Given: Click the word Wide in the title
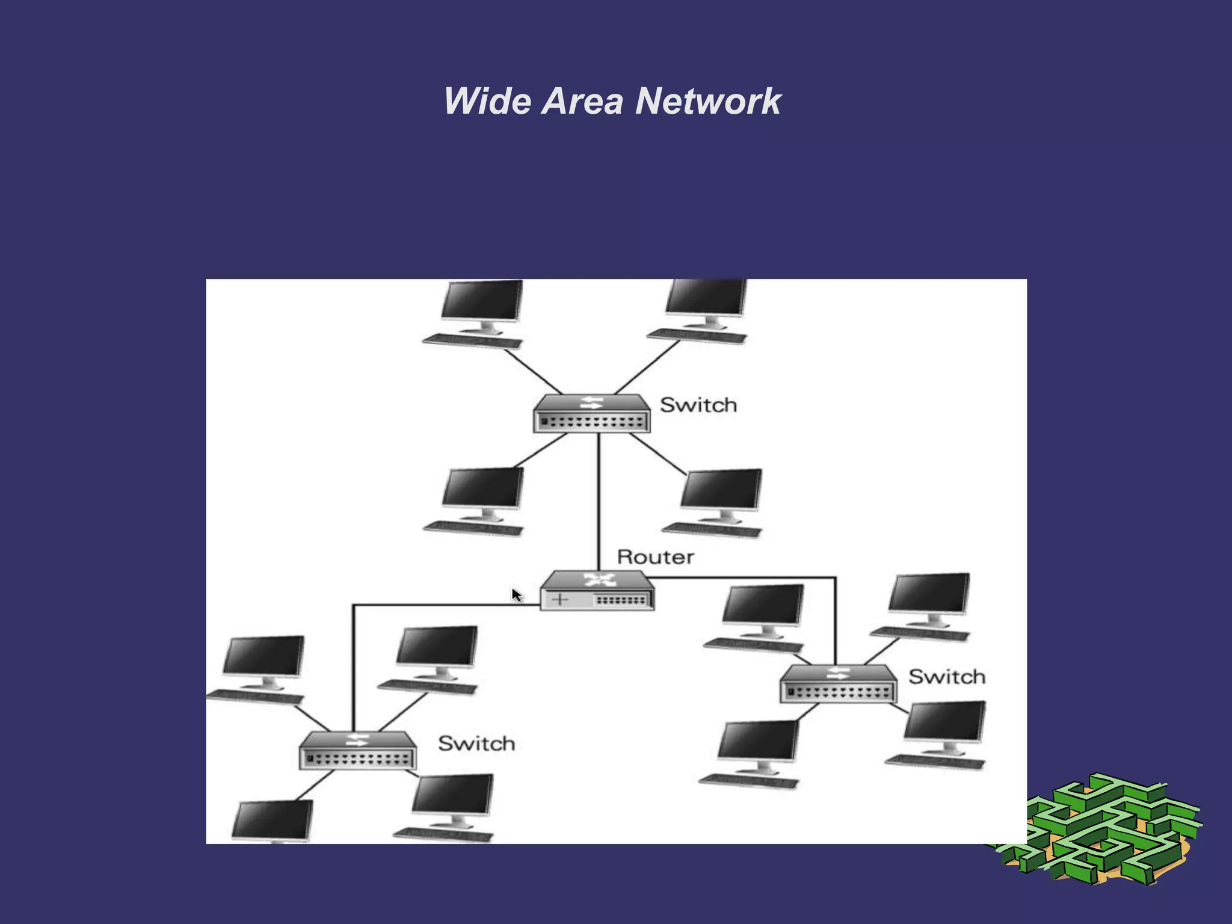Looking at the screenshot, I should point(487,101).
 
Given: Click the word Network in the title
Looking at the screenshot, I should point(708,101).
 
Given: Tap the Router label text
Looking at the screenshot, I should point(655,557).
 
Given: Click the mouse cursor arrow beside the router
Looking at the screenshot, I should point(516,595).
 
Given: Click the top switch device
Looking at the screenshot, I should point(591,414).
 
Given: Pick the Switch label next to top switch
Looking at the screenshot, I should point(698,405).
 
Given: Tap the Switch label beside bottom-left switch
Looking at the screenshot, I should point(476,744).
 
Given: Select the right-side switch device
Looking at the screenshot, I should point(838,684).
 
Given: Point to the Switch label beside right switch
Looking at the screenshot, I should point(946,677).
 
